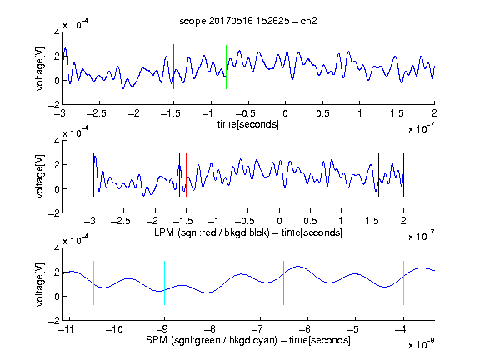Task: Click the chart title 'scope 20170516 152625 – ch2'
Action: click(248, 21)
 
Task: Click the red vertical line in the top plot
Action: click(174, 67)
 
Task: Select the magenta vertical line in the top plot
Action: click(397, 67)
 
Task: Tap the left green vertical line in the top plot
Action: click(226, 67)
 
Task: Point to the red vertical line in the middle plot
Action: click(186, 174)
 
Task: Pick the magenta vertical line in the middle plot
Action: click(372, 174)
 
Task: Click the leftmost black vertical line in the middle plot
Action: click(93, 174)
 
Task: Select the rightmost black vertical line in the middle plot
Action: click(403, 174)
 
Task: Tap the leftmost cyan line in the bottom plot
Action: click(93, 282)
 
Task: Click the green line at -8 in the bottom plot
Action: click(212, 282)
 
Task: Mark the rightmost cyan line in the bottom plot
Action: click(403, 282)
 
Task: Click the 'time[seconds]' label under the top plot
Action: click(248, 124)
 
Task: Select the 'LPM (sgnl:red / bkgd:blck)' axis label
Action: click(212, 232)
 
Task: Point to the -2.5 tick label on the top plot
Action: click(97, 113)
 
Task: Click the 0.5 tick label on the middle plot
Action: click(310, 221)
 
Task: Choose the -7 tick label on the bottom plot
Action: click(259, 329)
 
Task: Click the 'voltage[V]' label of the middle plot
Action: click(40, 177)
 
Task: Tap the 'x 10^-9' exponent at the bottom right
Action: click(421, 344)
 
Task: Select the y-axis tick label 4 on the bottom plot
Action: click(57, 248)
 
